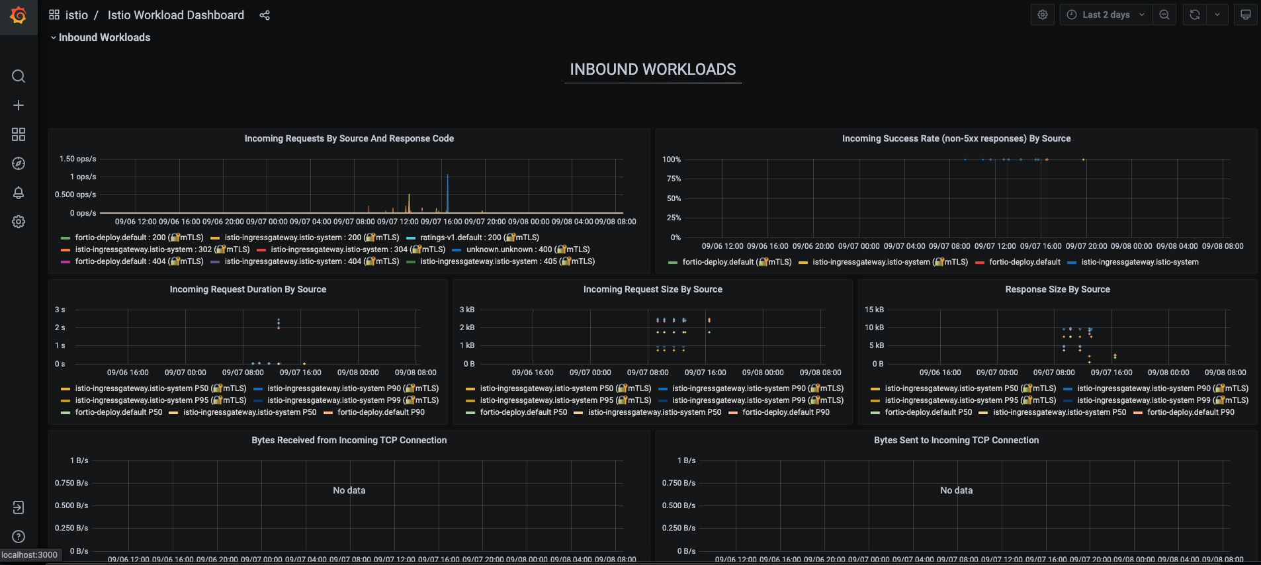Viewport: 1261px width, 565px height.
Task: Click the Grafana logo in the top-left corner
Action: pyautogui.click(x=19, y=15)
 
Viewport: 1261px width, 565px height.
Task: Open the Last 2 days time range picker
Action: pyautogui.click(x=1106, y=15)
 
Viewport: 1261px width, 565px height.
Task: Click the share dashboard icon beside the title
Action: pyautogui.click(x=265, y=15)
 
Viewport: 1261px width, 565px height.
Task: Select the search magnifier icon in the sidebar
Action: pyautogui.click(x=19, y=76)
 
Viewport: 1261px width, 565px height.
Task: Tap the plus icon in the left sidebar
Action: pyautogui.click(x=19, y=105)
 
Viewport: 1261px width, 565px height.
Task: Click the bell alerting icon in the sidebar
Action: pyautogui.click(x=19, y=193)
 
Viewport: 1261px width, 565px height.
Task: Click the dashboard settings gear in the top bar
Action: pyautogui.click(x=1043, y=15)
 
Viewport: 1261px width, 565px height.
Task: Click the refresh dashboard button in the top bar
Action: pyautogui.click(x=1195, y=15)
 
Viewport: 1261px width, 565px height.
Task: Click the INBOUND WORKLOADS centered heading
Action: pyautogui.click(x=652, y=69)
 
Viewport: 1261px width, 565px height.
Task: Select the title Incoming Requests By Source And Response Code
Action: pyautogui.click(x=349, y=138)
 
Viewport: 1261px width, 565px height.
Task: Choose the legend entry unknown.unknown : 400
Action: pyautogui.click(x=527, y=249)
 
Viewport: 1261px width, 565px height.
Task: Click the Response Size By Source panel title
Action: pyautogui.click(x=1057, y=289)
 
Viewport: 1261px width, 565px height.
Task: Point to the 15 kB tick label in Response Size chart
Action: pyautogui.click(x=874, y=310)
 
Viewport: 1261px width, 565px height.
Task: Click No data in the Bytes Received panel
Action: pyautogui.click(x=349, y=490)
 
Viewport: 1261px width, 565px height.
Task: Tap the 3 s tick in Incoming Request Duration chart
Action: pyautogui.click(x=60, y=310)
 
